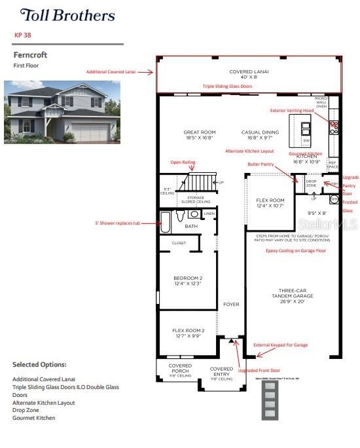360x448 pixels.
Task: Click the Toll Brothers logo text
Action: [67, 16]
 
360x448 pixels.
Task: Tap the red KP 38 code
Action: [23, 35]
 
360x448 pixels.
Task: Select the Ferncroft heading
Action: [30, 56]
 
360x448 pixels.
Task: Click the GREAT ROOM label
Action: [199, 135]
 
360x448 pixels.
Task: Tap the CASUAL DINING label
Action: [260, 135]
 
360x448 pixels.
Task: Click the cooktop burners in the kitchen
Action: [334, 127]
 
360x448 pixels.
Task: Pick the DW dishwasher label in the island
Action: [306, 141]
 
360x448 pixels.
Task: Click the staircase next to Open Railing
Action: [201, 181]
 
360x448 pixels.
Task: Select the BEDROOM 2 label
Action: [187, 280]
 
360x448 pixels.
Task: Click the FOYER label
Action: [231, 305]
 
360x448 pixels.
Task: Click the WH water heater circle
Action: [333, 198]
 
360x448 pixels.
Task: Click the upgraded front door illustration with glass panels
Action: [269, 401]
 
